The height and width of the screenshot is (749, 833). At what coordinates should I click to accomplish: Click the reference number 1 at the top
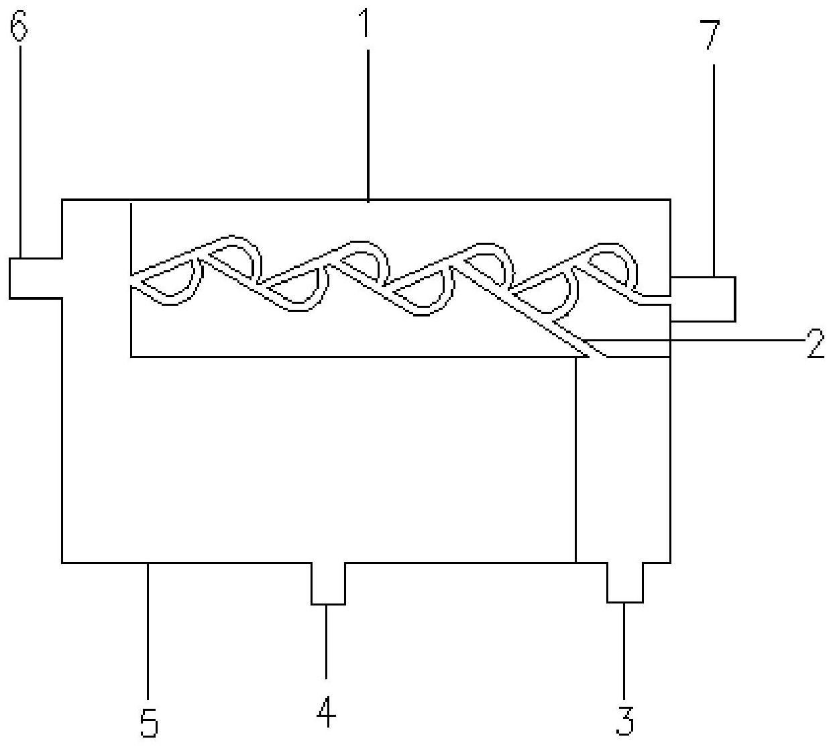(x=365, y=23)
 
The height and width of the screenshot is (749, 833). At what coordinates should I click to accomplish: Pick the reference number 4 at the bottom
(x=327, y=711)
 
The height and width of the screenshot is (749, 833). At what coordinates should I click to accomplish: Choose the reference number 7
(x=712, y=35)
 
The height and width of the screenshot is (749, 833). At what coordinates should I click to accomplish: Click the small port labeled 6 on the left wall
(x=36, y=278)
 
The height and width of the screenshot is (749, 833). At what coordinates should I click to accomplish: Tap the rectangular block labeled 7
(x=703, y=299)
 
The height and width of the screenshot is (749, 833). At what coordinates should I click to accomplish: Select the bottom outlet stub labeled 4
(x=328, y=583)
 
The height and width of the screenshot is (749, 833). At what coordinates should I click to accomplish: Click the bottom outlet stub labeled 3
(x=625, y=583)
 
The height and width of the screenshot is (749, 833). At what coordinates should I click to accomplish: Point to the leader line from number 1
(x=368, y=126)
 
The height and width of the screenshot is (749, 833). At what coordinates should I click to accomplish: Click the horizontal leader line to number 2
(x=693, y=340)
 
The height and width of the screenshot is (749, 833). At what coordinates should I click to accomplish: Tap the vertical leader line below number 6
(x=20, y=152)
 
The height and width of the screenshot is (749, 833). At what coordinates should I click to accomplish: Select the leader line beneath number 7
(x=714, y=170)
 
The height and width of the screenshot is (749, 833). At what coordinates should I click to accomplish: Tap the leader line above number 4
(x=327, y=642)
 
